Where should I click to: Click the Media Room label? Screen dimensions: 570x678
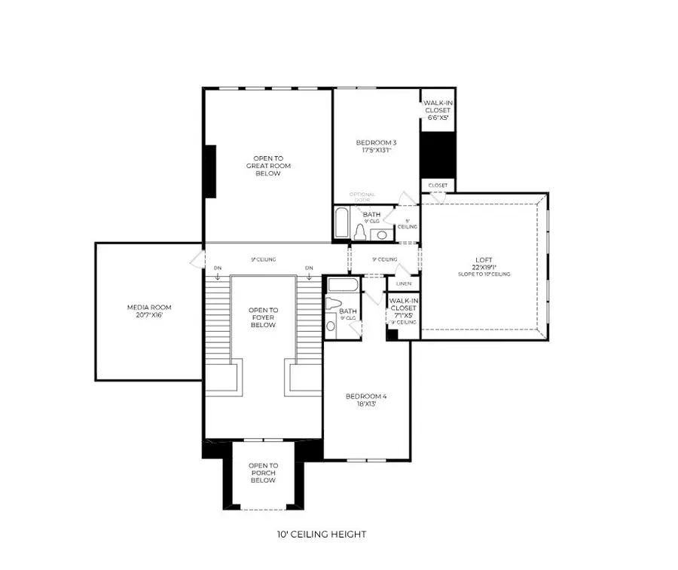[x=148, y=311]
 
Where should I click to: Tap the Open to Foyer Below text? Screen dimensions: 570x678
[x=263, y=317]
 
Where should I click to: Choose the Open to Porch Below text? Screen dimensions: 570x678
[x=263, y=473]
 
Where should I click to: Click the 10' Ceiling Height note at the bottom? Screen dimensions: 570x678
[x=321, y=535]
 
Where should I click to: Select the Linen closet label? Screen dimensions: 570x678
[x=404, y=283]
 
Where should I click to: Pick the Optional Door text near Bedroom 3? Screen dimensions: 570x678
[x=362, y=198]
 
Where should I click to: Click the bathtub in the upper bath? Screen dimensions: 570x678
[x=341, y=223]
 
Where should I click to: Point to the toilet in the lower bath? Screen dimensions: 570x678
[x=331, y=323]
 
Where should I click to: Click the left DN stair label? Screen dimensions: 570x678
[x=217, y=268]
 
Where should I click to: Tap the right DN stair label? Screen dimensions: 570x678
[x=309, y=268]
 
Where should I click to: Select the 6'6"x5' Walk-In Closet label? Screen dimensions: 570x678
[x=437, y=111]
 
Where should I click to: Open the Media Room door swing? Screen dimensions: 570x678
[x=196, y=259]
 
